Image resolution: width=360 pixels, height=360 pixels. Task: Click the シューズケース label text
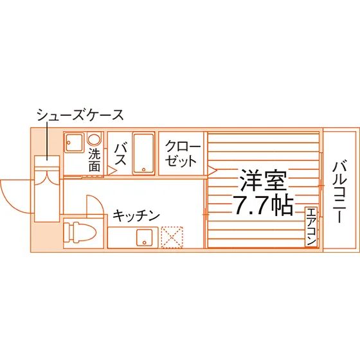(80, 115)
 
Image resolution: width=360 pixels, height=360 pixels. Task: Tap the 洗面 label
(94, 160)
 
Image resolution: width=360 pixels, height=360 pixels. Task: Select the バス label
(121, 154)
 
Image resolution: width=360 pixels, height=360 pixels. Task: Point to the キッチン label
(136, 215)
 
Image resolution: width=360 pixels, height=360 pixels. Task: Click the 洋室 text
(264, 180)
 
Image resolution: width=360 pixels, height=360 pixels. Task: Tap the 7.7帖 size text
(263, 205)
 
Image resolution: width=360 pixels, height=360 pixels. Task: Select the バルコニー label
(339, 192)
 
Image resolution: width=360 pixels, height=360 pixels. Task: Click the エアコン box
(311, 227)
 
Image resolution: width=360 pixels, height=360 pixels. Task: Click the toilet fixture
(80, 232)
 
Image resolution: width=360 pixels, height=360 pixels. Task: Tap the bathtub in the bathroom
(143, 154)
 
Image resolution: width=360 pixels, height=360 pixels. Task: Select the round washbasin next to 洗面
(94, 139)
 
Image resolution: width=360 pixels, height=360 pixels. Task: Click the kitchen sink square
(145, 237)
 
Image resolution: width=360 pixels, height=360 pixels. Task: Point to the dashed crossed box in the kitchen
(172, 237)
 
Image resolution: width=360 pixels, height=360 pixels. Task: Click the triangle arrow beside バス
(113, 170)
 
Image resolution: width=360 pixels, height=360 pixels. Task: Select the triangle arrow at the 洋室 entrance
(212, 170)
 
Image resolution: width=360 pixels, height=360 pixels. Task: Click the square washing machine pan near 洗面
(74, 143)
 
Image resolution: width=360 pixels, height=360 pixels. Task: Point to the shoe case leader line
(48, 141)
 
